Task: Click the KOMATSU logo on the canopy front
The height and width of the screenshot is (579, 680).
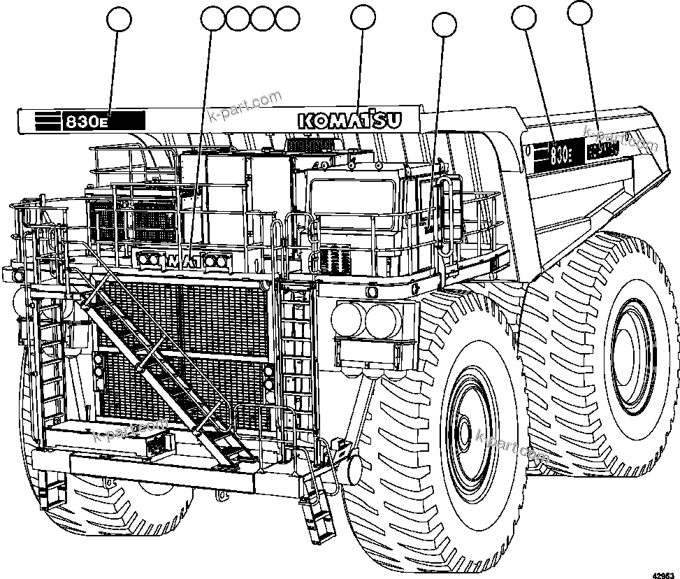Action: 350,120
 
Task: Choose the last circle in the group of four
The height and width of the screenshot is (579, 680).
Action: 287,19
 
